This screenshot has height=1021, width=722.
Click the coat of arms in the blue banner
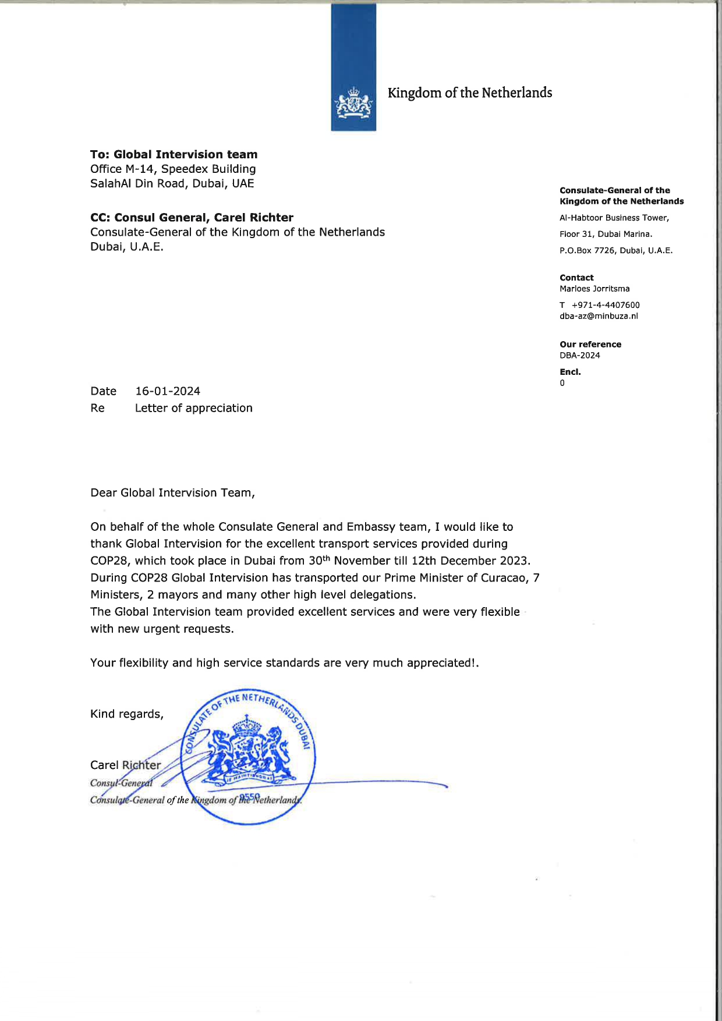coord(353,104)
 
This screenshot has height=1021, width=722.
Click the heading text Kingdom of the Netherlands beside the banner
coord(469,93)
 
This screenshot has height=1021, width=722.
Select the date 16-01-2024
coord(168,391)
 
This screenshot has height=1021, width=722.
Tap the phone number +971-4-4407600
coord(606,305)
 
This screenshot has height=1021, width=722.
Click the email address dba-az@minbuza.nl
coord(599,316)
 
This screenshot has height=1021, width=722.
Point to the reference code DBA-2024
coord(579,355)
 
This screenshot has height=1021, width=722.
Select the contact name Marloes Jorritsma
coord(594,289)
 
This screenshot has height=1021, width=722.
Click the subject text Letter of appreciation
coord(193,408)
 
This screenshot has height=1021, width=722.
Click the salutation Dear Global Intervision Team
coord(172,492)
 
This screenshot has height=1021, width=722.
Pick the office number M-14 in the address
coord(140,169)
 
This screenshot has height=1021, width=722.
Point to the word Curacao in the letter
coord(505,577)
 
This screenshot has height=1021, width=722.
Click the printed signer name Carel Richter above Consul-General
coord(125,765)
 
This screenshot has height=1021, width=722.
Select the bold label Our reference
coord(590,344)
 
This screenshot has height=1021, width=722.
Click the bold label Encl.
coord(570,371)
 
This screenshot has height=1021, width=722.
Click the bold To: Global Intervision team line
coord(174,154)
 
